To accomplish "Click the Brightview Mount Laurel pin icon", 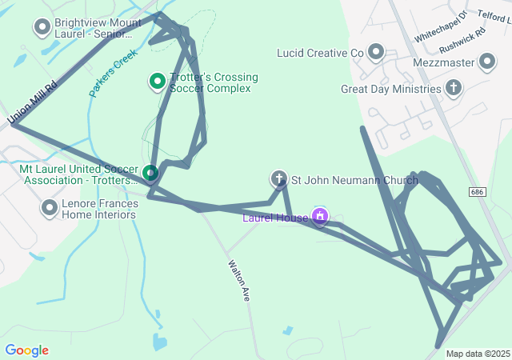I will (x=42, y=28).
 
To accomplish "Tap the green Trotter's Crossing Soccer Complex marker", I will (x=158, y=81).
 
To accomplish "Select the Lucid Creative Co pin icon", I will (x=375, y=53).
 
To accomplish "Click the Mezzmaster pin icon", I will (x=487, y=62).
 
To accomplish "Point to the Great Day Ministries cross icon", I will (x=454, y=88).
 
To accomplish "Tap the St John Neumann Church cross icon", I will (x=278, y=179).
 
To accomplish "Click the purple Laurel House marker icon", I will (x=320, y=216).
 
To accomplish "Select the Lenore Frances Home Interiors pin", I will (x=47, y=208).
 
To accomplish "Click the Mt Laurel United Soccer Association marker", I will (x=150, y=172).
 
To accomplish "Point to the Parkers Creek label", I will (x=113, y=73).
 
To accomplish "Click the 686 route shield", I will (x=478, y=192).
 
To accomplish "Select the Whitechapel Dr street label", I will (x=439, y=28).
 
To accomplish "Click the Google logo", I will (x=26, y=350).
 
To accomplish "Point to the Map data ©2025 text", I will (x=478, y=354).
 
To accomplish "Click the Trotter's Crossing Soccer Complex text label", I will (x=214, y=82).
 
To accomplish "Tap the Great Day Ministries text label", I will (x=391, y=89).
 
